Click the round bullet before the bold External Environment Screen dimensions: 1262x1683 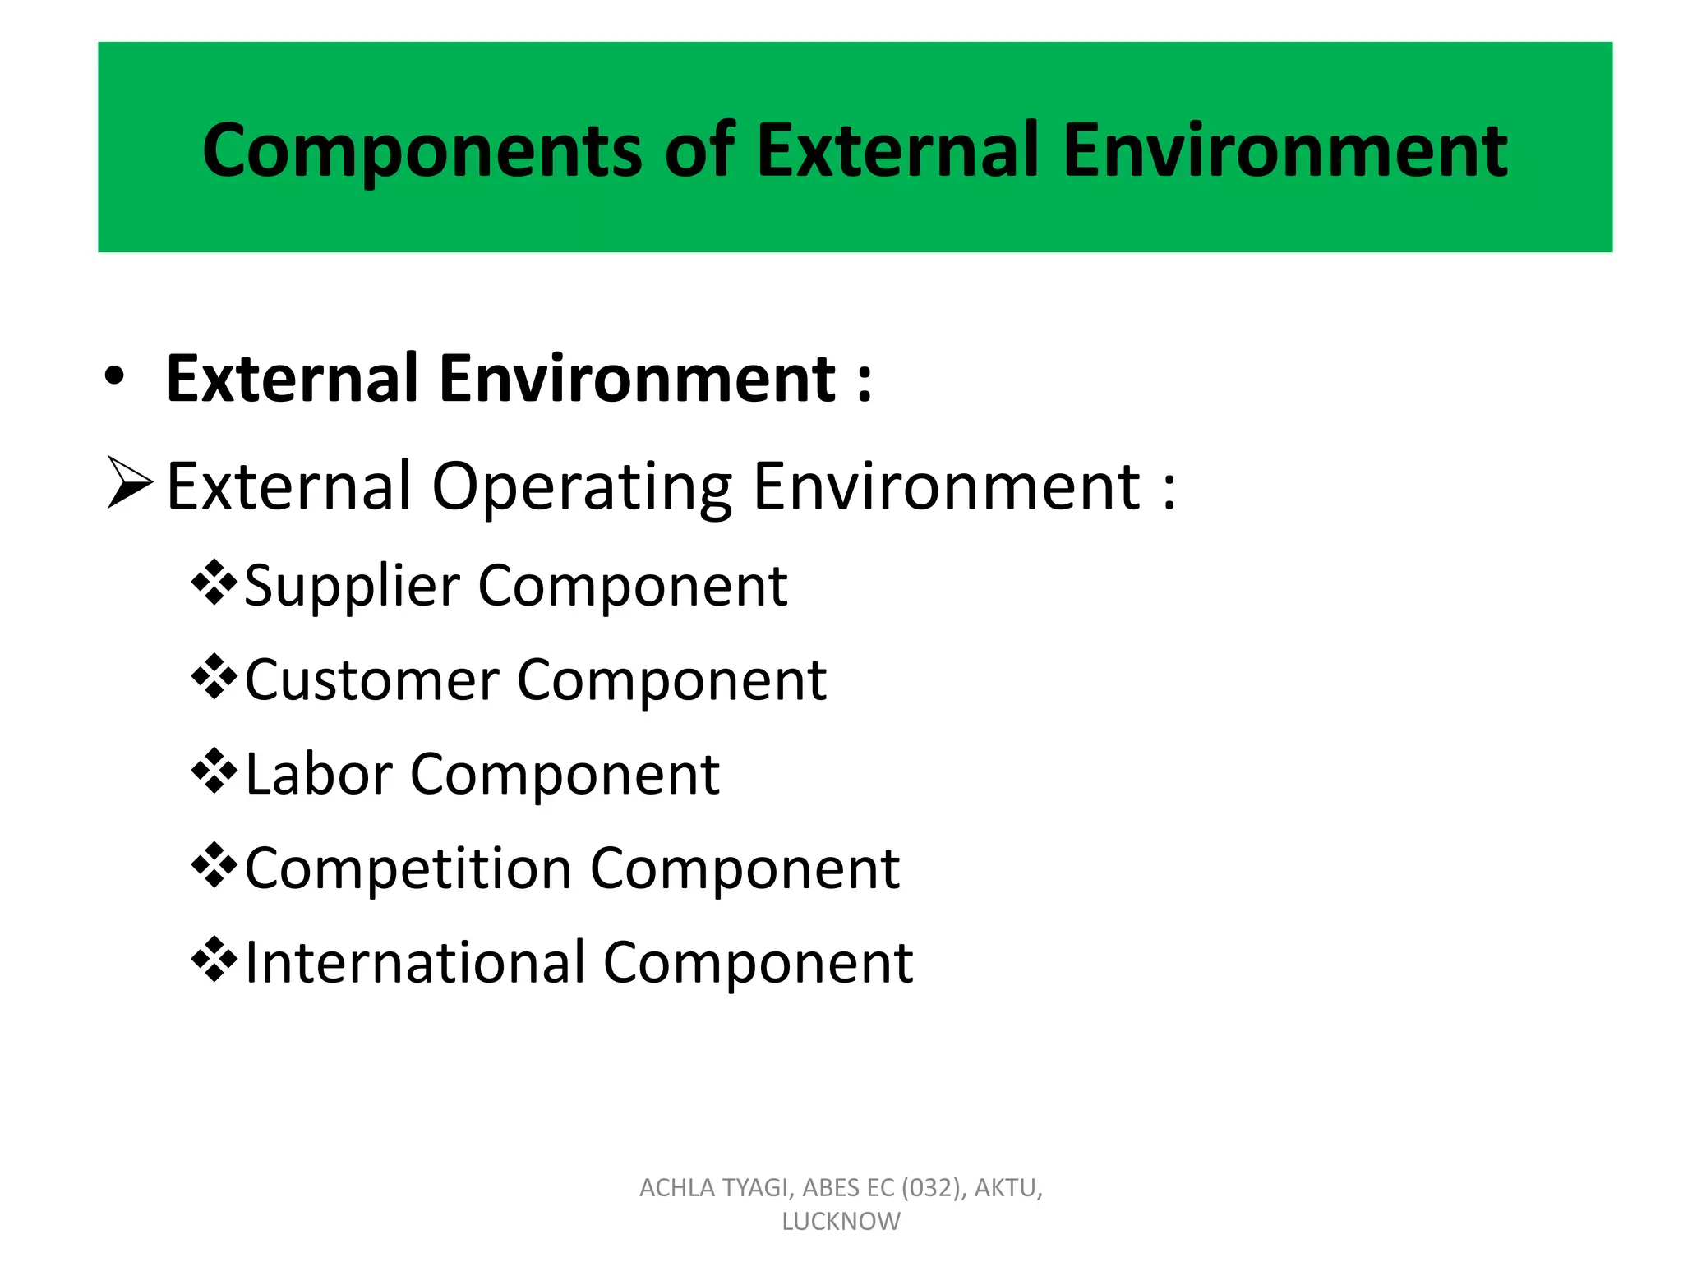(x=114, y=376)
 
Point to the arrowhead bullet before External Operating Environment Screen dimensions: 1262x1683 (x=130, y=484)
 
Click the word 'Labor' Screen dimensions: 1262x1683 (x=319, y=775)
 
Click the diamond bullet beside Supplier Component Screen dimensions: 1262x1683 (x=214, y=583)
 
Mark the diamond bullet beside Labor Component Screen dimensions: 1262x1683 (x=214, y=771)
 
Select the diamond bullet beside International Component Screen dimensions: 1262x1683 (x=214, y=959)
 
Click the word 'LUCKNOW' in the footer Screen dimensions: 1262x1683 (x=841, y=1222)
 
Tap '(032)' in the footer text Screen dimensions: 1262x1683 (x=932, y=1188)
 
